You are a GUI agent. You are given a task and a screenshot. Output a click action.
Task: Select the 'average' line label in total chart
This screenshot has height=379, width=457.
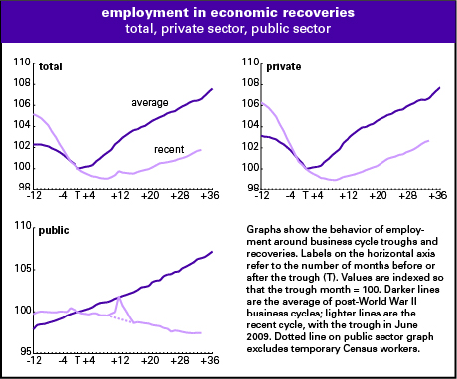(x=151, y=102)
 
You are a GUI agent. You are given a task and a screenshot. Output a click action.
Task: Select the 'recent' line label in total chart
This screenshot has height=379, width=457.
(x=171, y=149)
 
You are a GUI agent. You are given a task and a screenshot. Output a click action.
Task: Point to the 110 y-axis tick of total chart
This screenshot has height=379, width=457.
(x=21, y=63)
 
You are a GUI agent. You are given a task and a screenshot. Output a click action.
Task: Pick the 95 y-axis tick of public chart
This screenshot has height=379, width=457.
(x=23, y=351)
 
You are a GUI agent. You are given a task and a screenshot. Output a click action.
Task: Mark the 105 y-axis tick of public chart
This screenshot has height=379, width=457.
(x=21, y=269)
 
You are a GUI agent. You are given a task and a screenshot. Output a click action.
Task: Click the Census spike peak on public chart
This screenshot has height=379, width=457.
(x=120, y=296)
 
